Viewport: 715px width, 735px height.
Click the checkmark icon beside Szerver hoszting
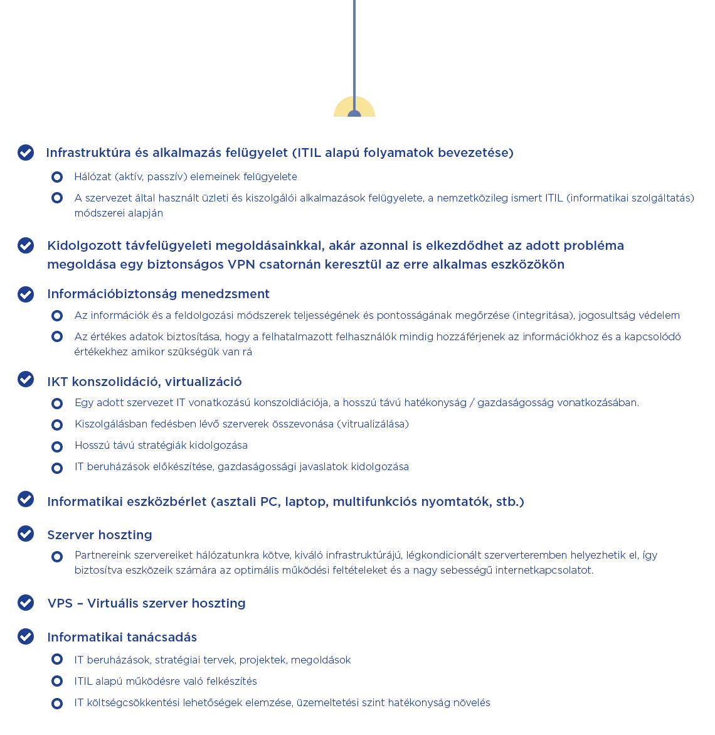point(26,534)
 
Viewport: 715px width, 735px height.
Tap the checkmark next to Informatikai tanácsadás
point(26,636)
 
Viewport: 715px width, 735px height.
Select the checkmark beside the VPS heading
point(26,603)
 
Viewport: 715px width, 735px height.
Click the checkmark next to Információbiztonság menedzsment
point(26,294)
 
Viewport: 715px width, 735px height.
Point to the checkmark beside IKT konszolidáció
point(26,379)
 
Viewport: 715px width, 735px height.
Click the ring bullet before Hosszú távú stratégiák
point(57,446)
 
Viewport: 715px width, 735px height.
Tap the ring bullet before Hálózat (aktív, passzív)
point(57,177)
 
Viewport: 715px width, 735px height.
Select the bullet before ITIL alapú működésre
point(57,681)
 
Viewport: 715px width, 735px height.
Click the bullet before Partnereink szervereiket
point(57,556)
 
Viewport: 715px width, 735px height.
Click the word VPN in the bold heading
point(241,264)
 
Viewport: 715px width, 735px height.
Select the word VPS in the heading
point(60,603)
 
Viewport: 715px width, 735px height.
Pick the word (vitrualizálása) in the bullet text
point(373,424)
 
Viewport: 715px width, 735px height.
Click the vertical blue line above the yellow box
point(354,44)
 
